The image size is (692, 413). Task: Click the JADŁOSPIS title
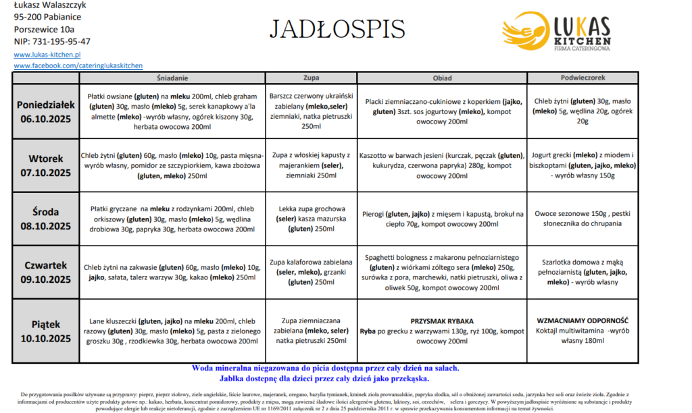point(337,29)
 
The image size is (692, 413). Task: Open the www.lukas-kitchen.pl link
point(47,55)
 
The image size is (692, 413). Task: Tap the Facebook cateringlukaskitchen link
point(78,65)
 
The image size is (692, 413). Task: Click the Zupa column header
point(311,78)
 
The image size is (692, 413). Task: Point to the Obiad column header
point(442,78)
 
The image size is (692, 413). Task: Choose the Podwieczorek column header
point(582,78)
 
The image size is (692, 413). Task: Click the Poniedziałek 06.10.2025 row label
point(45,111)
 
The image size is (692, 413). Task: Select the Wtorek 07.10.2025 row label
point(45,165)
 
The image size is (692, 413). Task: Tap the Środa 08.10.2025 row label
point(45,219)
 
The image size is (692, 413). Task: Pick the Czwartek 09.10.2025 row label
point(45,273)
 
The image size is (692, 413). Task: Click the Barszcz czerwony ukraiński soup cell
point(311,111)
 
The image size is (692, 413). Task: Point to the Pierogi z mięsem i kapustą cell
point(442,219)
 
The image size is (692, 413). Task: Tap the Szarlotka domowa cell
point(582,273)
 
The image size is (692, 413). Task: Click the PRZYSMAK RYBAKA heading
point(442,321)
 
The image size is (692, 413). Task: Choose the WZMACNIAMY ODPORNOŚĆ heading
point(582,321)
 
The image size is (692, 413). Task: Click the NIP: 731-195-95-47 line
point(52,41)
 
